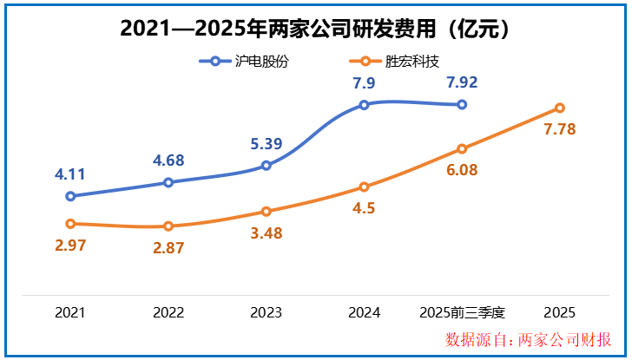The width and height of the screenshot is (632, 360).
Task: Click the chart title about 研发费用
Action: click(315, 29)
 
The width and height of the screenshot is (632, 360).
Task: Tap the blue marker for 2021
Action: click(70, 196)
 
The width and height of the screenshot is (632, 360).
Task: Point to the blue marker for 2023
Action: click(267, 166)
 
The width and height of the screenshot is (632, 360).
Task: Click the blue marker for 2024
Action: click(364, 105)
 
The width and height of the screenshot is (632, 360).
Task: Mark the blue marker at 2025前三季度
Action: click(462, 104)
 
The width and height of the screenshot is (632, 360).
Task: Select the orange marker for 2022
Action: click(168, 226)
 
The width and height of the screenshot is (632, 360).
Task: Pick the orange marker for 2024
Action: click(364, 187)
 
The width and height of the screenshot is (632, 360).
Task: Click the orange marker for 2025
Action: click(560, 108)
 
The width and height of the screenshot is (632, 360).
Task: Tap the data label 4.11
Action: click(70, 174)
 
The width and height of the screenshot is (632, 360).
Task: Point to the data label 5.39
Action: click(267, 144)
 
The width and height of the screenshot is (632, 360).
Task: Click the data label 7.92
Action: click(462, 83)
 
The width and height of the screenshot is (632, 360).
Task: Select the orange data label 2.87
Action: click(168, 248)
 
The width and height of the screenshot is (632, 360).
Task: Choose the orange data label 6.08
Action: click(462, 170)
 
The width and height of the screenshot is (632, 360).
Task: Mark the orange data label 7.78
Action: click(560, 129)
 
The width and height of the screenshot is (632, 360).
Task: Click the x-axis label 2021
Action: click(70, 312)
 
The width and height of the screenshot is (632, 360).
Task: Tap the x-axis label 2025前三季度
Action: click(462, 312)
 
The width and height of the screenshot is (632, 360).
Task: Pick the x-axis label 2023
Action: click(267, 312)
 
